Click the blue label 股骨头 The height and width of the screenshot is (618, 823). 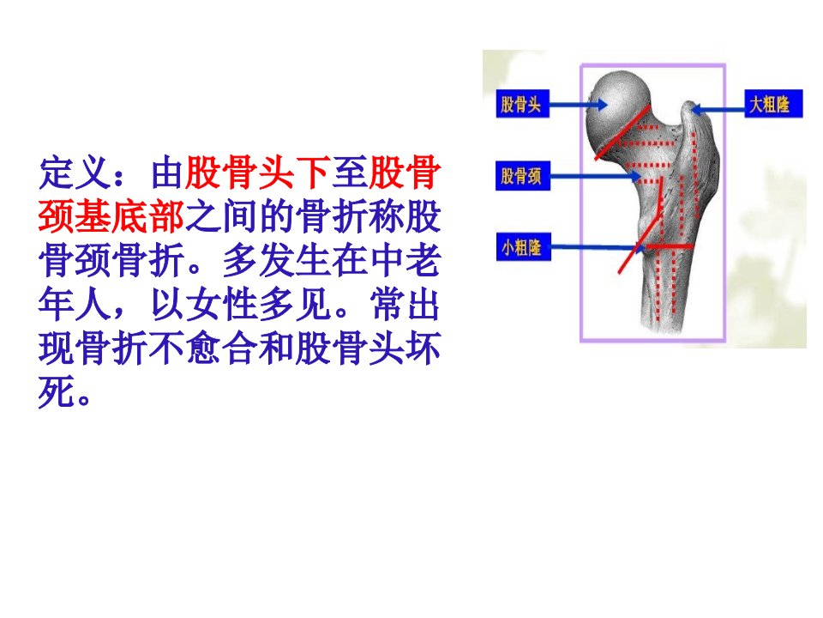tap(522, 104)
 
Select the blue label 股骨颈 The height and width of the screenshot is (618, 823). tap(523, 175)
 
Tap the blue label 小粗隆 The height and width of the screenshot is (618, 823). tap(523, 246)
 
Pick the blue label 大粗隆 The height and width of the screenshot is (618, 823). tap(773, 104)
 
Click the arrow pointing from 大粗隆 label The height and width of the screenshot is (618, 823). tap(718, 110)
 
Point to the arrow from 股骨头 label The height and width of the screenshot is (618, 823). tap(578, 105)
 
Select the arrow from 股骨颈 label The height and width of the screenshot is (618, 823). tap(595, 176)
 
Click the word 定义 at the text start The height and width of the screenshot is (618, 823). tap(74, 173)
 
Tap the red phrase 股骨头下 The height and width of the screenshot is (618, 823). tap(258, 173)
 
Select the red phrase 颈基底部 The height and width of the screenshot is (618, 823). tap(111, 216)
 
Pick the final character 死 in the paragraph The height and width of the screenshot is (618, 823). tap(55, 392)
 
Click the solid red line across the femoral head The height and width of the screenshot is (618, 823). tap(622, 133)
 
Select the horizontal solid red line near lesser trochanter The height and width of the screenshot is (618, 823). tap(670, 246)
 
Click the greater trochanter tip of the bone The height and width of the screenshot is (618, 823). tap(688, 105)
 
